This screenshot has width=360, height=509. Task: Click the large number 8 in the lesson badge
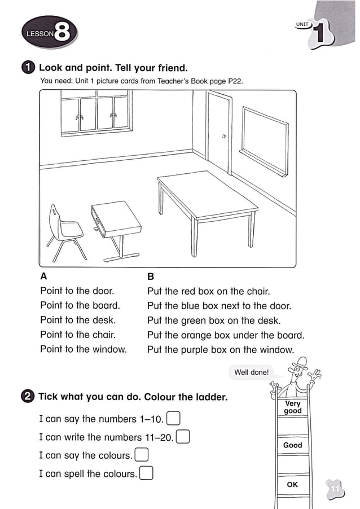(x=63, y=34)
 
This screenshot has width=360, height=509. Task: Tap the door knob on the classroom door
(x=224, y=137)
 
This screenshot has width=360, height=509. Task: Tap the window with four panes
(x=95, y=113)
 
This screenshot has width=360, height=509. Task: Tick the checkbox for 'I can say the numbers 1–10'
(x=174, y=419)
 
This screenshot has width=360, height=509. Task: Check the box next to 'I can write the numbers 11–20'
(x=183, y=437)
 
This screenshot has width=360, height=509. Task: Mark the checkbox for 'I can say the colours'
(x=142, y=455)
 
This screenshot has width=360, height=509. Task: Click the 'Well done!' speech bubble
(x=252, y=372)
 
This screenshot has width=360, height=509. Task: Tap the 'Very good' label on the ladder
(x=293, y=407)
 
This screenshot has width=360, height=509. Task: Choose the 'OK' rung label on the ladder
(x=292, y=484)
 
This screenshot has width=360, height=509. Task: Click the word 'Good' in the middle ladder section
(x=292, y=445)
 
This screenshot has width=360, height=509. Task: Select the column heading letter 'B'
(x=151, y=277)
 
